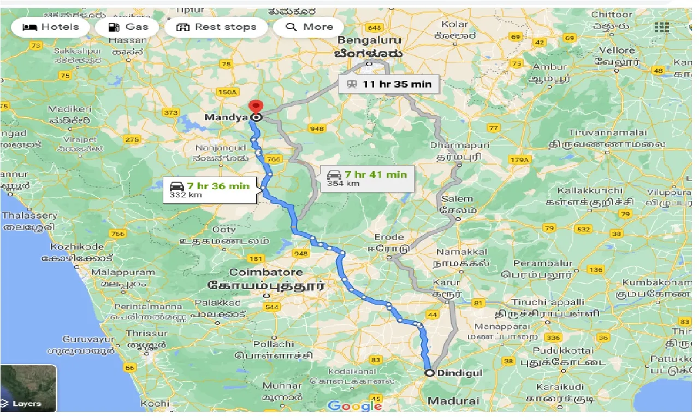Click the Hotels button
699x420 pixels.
click(50, 27)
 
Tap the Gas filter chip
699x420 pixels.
click(128, 27)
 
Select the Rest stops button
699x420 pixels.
click(216, 27)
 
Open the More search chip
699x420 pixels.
click(309, 27)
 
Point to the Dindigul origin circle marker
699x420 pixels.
click(430, 373)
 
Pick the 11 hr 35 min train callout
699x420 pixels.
click(388, 84)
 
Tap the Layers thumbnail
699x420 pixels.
click(28, 388)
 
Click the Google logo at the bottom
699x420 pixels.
click(354, 405)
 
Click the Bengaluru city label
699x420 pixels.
click(369, 40)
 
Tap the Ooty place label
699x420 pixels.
click(224, 230)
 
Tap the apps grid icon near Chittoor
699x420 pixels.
click(661, 27)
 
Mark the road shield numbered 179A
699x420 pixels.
click(519, 160)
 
